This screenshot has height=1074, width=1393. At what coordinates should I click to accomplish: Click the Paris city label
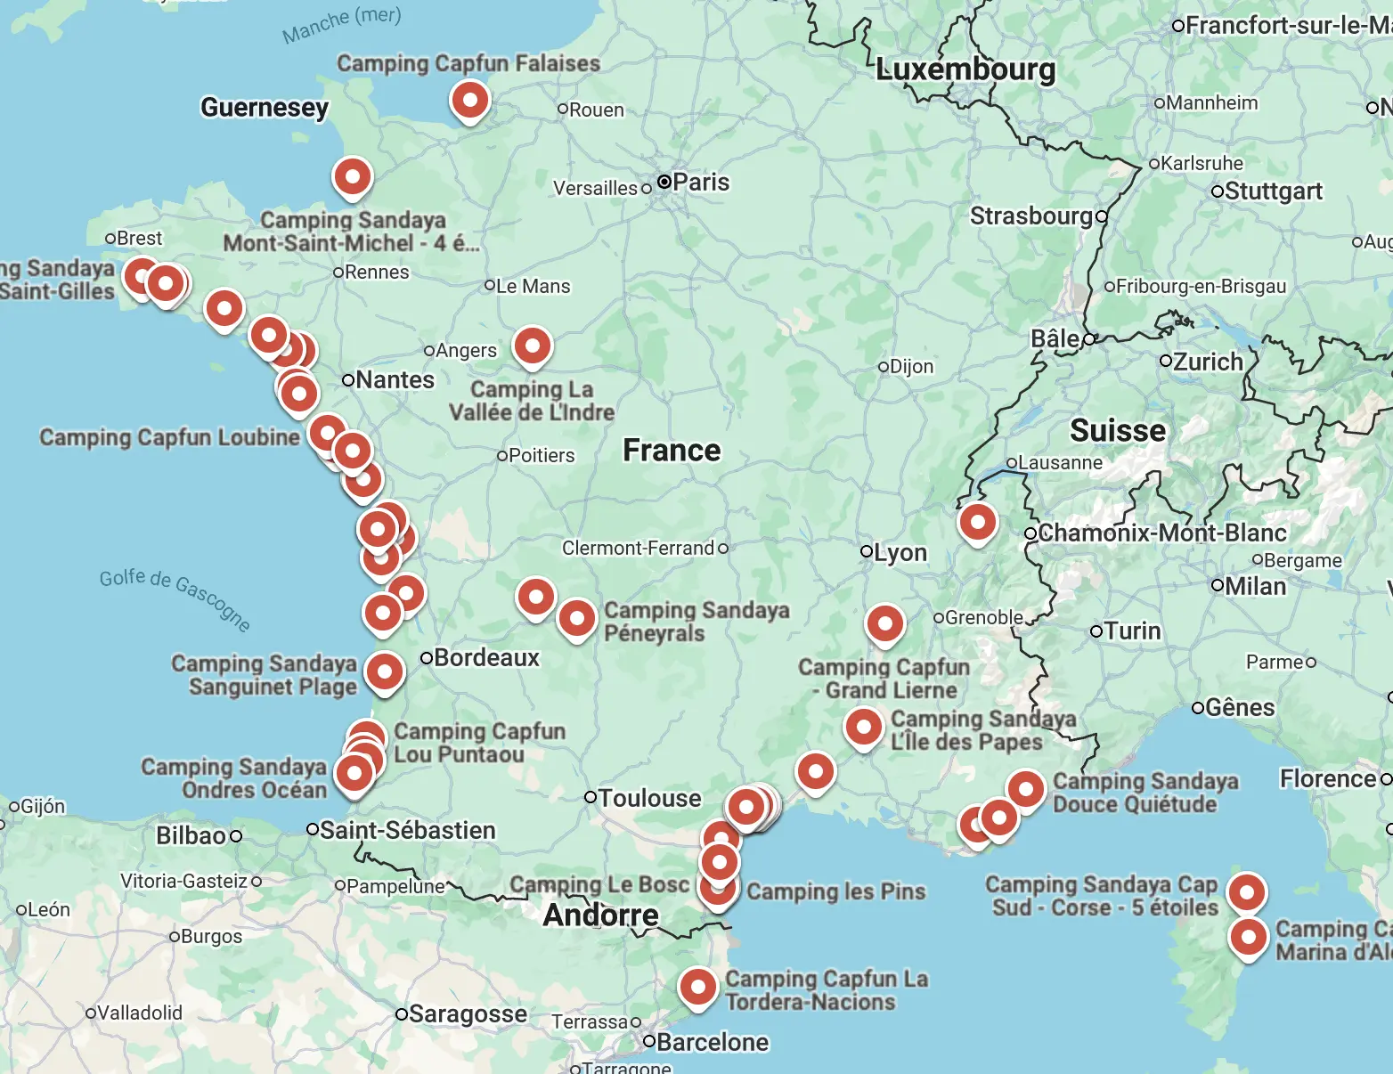pos(700,183)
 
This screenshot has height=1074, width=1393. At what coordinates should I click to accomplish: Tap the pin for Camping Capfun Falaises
pos(469,100)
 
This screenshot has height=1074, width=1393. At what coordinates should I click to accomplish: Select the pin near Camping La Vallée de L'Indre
pos(532,346)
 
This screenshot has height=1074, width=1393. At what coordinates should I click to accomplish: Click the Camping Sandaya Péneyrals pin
pos(576,617)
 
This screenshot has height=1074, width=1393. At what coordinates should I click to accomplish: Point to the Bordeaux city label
pos(486,658)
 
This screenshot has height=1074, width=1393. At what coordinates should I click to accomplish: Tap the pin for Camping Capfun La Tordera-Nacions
pos(697,987)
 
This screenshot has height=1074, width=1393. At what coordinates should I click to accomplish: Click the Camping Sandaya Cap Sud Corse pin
pos(1246,891)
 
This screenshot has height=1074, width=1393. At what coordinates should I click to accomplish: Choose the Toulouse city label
pos(649,798)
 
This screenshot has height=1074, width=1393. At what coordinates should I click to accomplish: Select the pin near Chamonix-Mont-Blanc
pos(977,522)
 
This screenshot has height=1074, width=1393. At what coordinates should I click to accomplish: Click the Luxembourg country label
pos(965,69)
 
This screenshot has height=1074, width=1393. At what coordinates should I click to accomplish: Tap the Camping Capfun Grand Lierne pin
pos(884,623)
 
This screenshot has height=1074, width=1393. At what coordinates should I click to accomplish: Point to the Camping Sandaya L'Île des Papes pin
pos(863,727)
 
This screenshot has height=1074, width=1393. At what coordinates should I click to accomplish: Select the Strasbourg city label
pos(1031,216)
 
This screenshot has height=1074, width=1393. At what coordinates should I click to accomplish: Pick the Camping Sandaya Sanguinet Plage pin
pos(385,671)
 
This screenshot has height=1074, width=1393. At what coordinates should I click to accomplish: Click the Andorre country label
pos(601,915)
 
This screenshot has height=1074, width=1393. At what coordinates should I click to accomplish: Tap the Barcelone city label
pos(712,1042)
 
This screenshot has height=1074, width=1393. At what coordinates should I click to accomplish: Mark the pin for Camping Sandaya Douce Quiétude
pos(1025,789)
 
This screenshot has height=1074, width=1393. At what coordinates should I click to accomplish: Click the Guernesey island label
pos(265,108)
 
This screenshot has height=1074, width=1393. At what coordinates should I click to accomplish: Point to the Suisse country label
pos(1117,431)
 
